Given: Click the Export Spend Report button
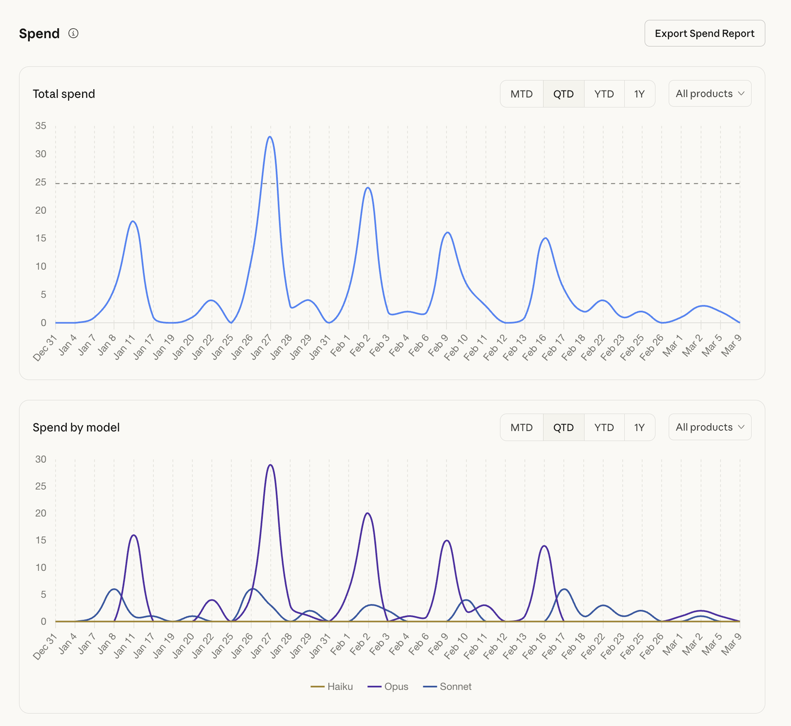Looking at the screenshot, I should click(704, 33).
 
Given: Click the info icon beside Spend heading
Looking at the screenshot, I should click(73, 33).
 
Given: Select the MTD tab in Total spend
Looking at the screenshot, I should click(521, 94).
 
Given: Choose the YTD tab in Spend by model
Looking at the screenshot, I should click(604, 427).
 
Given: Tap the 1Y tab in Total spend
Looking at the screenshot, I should click(639, 94).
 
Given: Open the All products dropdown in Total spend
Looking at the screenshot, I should click(710, 94).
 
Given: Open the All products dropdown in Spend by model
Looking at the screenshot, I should click(710, 427).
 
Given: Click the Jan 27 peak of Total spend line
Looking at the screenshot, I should click(270, 137).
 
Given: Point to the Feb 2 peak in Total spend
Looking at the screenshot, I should click(368, 188).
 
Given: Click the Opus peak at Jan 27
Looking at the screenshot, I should click(270, 465).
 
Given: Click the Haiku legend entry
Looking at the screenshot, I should click(332, 687).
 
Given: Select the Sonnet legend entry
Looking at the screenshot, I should click(447, 687).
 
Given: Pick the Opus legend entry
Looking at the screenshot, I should click(388, 687).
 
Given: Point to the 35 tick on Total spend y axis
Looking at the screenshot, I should click(41, 126).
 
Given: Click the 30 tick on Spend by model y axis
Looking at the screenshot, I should click(41, 459).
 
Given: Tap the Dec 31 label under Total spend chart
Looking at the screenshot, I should click(45, 348).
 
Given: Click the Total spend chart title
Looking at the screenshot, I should click(64, 94).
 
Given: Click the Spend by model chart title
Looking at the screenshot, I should click(76, 427).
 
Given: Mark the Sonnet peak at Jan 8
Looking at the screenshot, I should click(114, 589).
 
